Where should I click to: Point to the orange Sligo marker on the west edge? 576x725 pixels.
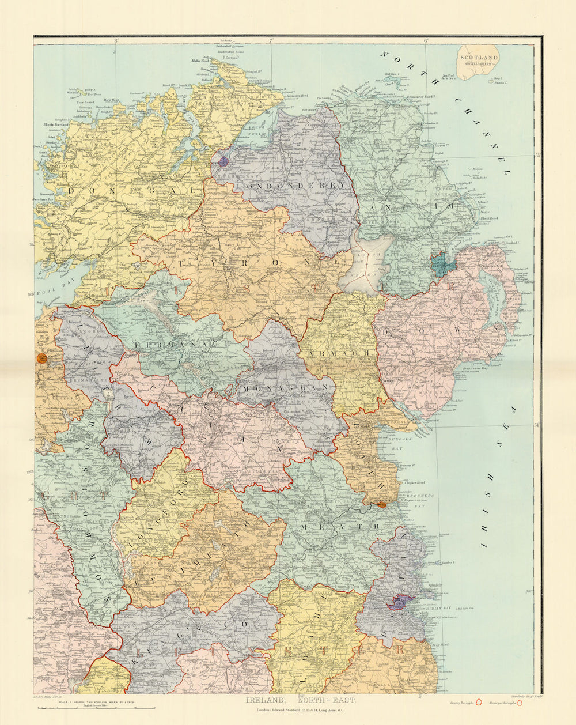tap(42, 358)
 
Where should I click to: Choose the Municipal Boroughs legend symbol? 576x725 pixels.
tap(520, 703)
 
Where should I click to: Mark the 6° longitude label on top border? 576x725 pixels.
tap(426, 41)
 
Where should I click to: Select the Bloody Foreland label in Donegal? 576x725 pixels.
tap(55, 124)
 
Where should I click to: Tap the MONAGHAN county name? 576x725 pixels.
tap(286, 388)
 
